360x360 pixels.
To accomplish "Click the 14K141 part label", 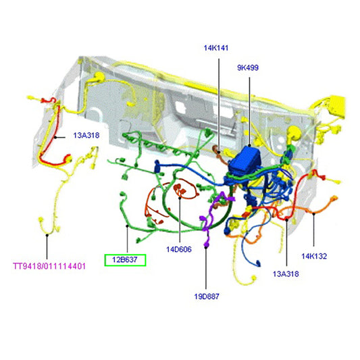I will (216, 48).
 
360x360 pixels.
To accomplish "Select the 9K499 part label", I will (248, 68).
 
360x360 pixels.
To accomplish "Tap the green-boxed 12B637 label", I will (125, 259).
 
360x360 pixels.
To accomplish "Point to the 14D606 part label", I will (179, 249).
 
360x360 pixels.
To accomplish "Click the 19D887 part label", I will (205, 296).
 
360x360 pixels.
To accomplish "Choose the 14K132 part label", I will (314, 256).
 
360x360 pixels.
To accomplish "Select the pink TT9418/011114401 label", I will (49, 266).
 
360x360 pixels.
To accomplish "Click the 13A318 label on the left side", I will (86, 135).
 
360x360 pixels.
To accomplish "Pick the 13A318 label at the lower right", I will (286, 274).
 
